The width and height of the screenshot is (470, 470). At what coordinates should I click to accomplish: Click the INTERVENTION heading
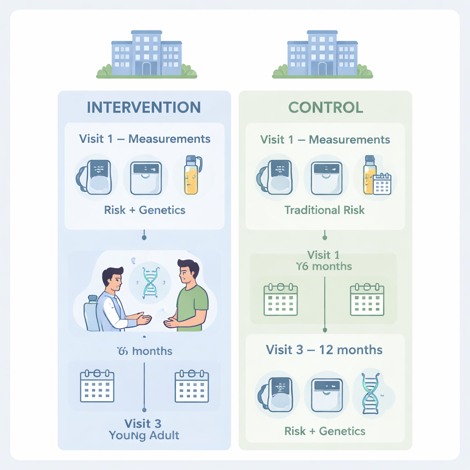click(x=144, y=107)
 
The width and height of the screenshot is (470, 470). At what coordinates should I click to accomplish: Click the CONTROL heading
click(x=325, y=107)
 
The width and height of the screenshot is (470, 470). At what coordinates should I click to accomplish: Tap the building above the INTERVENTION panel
click(x=146, y=53)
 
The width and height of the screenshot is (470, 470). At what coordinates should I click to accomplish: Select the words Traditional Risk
click(x=325, y=210)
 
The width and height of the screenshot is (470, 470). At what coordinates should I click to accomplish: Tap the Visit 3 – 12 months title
click(x=324, y=350)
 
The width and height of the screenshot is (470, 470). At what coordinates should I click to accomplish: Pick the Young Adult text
click(x=144, y=435)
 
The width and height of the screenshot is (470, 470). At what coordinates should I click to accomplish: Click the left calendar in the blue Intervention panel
click(x=97, y=386)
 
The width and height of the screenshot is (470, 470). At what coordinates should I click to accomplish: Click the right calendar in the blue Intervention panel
click(x=192, y=386)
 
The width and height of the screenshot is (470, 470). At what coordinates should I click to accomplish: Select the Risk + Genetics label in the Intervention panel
click(x=145, y=210)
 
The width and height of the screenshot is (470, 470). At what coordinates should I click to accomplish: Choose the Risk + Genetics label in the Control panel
click(x=325, y=431)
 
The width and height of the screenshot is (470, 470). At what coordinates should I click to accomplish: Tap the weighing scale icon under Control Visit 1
click(x=326, y=178)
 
